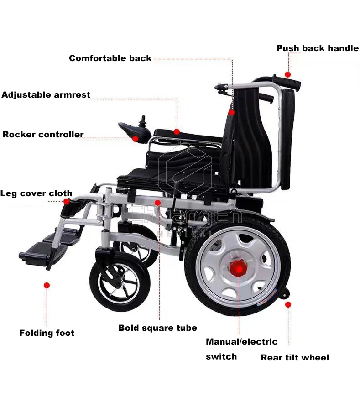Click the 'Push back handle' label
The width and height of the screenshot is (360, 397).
[318, 48]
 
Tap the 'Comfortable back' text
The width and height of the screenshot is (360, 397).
[110, 58]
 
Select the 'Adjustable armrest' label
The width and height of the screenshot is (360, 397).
[46, 95]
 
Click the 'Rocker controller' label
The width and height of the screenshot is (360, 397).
[43, 135]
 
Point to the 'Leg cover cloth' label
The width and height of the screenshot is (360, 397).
[36, 193]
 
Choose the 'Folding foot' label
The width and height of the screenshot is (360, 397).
[47, 333]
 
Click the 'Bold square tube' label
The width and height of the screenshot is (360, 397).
[157, 328]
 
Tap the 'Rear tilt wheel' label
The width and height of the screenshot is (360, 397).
[294, 358]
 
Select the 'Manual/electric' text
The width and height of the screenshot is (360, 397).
[241, 342]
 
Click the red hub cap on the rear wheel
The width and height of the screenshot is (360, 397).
[238, 267]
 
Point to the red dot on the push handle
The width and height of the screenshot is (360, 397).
[287, 74]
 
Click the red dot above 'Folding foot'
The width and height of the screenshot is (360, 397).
[47, 285]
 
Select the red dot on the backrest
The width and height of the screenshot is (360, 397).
[232, 112]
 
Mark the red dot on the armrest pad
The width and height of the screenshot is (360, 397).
[177, 131]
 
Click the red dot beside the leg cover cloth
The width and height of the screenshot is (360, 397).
[67, 201]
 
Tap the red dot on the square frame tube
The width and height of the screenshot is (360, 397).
[157, 202]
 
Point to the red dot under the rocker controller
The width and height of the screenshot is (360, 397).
[136, 139]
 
